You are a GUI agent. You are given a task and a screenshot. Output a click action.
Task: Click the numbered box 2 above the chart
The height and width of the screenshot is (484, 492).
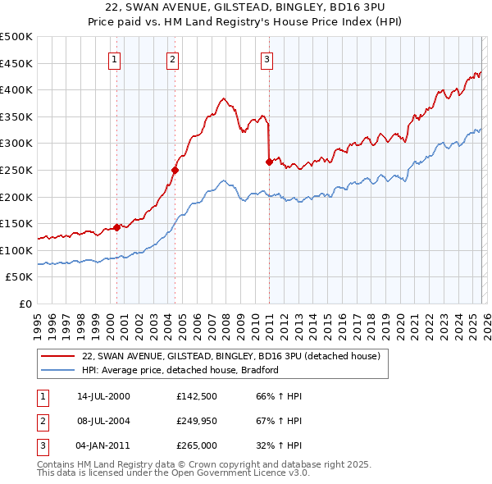pyautogui.click(x=172, y=58)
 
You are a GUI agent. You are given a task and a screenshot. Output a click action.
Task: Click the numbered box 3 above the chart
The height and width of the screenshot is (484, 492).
pyautogui.click(x=267, y=58)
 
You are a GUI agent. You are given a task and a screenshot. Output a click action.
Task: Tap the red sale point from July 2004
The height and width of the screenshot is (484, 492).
pyautogui.click(x=175, y=170)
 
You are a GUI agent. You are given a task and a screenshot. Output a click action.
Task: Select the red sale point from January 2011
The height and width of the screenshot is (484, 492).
pyautogui.click(x=269, y=162)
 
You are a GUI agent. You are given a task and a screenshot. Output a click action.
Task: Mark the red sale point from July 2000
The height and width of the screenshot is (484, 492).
pyautogui.click(x=117, y=227)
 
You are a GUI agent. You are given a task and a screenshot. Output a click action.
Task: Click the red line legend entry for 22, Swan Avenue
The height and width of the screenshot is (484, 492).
pyautogui.click(x=230, y=357)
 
